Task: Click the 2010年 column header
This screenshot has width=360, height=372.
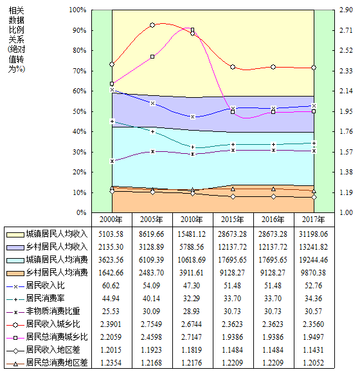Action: coord(192,219)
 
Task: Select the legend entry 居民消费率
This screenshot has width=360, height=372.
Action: coord(45,298)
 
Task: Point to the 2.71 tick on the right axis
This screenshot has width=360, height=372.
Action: coord(346,30)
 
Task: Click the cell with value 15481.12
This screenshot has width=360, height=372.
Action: coord(192,234)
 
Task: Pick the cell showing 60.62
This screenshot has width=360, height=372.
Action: coord(111,285)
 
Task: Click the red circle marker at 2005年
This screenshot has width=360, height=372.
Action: coord(152,25)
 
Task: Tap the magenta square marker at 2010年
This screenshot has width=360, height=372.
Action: coord(192,30)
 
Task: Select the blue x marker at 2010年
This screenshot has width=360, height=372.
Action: coord(193,116)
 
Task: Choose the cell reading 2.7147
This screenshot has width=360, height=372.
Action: coord(192,337)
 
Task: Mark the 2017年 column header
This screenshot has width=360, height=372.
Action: coord(313,219)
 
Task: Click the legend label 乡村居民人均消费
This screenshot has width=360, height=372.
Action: coord(57,272)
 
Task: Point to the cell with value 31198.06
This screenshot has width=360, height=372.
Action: coord(313,234)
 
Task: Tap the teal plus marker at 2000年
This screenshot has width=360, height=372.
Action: coord(112,122)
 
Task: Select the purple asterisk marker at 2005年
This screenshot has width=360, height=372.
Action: coord(152,151)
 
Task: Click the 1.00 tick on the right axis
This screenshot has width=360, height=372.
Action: coord(346,212)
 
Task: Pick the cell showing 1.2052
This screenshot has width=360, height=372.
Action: coord(313,362)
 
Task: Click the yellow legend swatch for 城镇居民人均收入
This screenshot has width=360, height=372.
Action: coord(15,235)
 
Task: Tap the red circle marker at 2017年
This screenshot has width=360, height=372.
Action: coord(314,68)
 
